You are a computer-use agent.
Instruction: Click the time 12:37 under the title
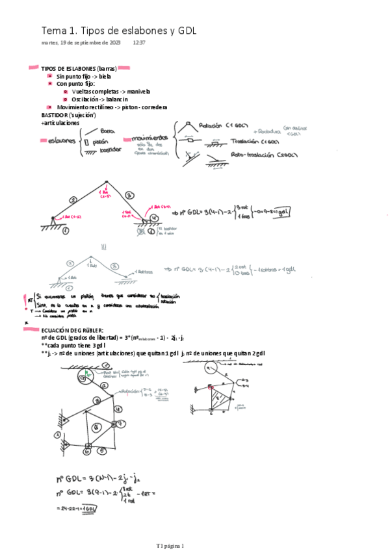click(x=138, y=43)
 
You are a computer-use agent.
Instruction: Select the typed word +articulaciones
click(x=60, y=122)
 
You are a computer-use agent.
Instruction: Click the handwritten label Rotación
click(x=212, y=125)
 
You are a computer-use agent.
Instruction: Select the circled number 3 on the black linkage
click(x=129, y=194)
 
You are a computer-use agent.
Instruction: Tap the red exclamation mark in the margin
click(x=25, y=299)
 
